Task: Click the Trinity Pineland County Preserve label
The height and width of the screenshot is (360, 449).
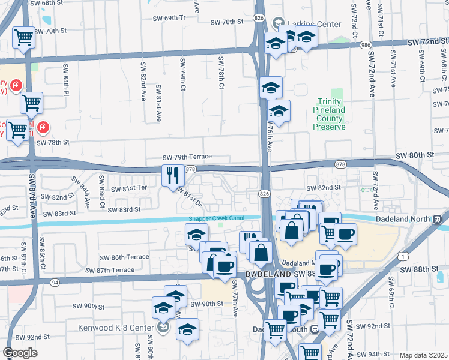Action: [x=329, y=110]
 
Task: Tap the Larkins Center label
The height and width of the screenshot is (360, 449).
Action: [x=314, y=25]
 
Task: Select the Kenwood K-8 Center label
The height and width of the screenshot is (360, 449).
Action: [x=117, y=328]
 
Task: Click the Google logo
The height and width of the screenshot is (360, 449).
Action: [x=20, y=353]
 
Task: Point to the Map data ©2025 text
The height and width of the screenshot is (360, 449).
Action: [x=423, y=355]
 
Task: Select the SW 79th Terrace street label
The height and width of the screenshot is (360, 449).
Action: [x=187, y=157]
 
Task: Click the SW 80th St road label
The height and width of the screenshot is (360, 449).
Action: [x=415, y=155]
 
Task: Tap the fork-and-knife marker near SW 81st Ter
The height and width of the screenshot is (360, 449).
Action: [x=172, y=175]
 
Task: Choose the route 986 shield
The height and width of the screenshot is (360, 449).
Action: [x=366, y=45]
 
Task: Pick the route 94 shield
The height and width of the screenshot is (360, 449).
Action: [x=55, y=281]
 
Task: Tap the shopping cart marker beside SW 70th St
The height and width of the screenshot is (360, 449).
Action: [x=23, y=37]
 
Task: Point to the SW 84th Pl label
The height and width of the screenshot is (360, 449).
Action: [x=66, y=81]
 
